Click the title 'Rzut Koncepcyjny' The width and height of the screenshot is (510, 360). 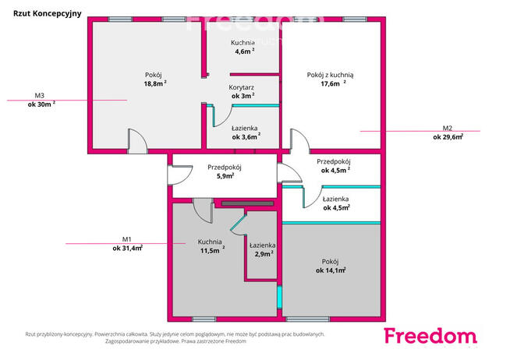[x=47, y=14]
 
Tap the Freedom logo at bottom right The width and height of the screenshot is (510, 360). [x=430, y=336]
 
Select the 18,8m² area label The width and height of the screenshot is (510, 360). [x=155, y=83]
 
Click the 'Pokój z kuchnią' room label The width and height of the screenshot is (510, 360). [x=330, y=75]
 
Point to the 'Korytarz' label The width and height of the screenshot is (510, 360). [x=241, y=87]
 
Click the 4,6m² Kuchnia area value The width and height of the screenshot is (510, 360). [x=245, y=51]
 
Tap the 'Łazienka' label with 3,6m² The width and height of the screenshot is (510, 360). [x=245, y=129]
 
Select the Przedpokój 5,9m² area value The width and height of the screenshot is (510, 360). [x=225, y=176]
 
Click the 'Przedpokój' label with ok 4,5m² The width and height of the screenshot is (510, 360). [x=334, y=161]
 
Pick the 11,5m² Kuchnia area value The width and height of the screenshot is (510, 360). [x=212, y=250]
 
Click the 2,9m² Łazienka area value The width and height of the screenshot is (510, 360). [x=264, y=254]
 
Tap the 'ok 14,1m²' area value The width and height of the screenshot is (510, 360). [x=331, y=270]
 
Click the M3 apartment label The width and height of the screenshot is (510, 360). [x=39, y=96]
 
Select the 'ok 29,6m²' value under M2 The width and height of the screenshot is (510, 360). [x=448, y=137]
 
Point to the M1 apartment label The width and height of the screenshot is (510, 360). [x=126, y=239]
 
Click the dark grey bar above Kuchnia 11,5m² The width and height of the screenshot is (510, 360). [x=247, y=203]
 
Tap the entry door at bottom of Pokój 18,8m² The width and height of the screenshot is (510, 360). [x=137, y=141]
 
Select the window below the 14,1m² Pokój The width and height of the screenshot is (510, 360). [x=308, y=319]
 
